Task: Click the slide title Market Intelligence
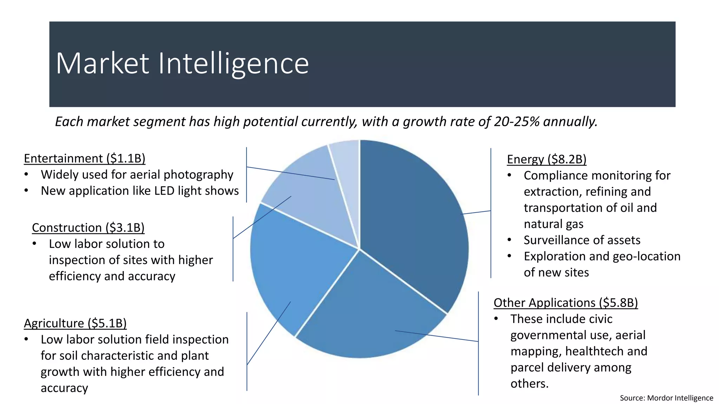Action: pos(182,63)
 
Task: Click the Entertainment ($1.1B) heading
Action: pos(85,159)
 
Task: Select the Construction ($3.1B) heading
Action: pos(88,228)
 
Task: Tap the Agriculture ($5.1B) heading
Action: pos(75,323)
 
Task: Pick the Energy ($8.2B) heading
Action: pos(547,159)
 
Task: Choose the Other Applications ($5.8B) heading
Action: pos(566,303)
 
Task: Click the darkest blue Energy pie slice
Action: pos(414,217)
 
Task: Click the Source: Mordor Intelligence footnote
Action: pos(666,398)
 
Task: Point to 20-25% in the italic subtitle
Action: pos(517,122)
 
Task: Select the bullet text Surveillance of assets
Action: pos(582,240)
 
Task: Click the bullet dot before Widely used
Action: pos(26,175)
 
